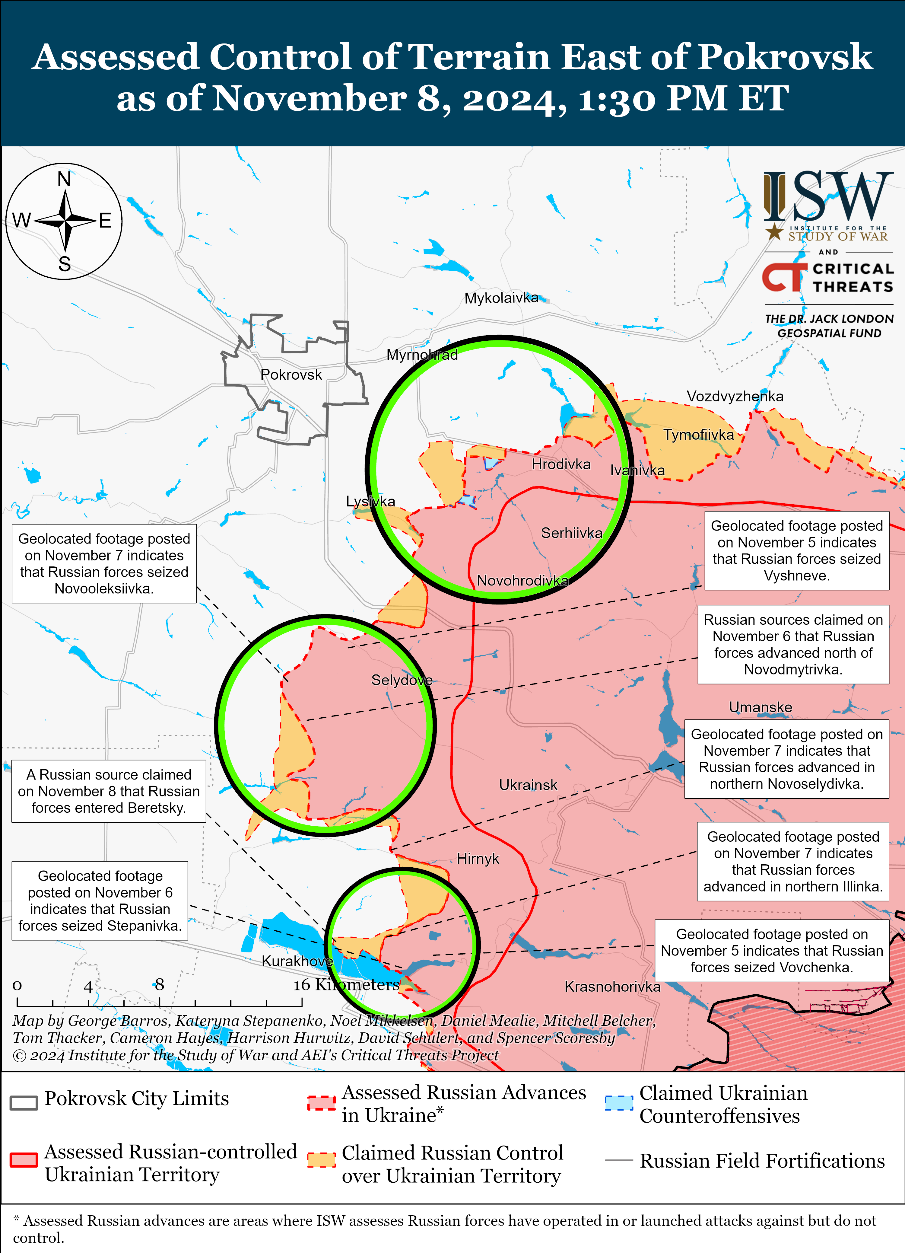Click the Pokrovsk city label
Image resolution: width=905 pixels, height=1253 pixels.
(291, 375)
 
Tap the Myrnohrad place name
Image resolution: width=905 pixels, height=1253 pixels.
(422, 355)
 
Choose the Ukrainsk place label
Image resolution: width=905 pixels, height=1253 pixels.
(528, 785)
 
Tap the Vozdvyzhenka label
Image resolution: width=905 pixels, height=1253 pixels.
(734, 396)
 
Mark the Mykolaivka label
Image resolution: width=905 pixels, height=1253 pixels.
(501, 298)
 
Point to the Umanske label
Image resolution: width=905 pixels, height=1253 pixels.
(760, 707)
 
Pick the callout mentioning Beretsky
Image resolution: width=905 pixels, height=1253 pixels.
(109, 791)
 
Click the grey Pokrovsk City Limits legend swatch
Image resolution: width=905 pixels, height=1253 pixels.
(24, 1102)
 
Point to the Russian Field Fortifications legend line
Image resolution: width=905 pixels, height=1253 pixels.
(618, 1160)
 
